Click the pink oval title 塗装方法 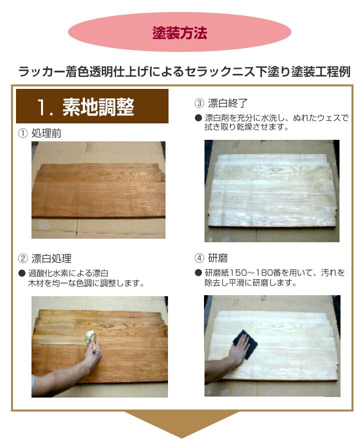(x=179, y=32)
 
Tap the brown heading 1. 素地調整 (x=92, y=106)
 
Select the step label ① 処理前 (x=39, y=133)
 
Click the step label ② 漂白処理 (x=44, y=258)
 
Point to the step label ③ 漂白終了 (x=221, y=103)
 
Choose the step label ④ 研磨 (x=211, y=258)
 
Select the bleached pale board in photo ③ (x=272, y=191)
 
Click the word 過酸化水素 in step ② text (x=44, y=273)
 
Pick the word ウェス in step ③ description (x=329, y=118)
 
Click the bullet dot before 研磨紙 (x=198, y=273)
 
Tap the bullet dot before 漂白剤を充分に (x=198, y=118)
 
